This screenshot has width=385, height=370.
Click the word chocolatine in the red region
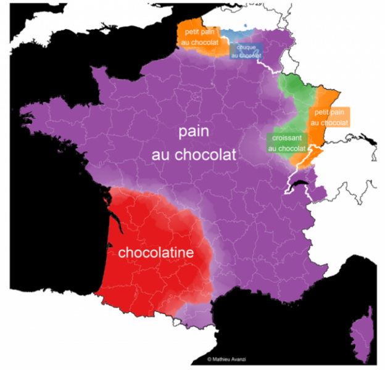pos(155,253)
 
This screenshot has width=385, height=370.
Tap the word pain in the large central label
pos(194,131)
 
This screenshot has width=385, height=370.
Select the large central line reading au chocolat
pos(194,155)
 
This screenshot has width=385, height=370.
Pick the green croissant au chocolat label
pos(287,143)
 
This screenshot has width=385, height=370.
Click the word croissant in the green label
pos(287,138)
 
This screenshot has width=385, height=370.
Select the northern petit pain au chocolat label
pos(199,36)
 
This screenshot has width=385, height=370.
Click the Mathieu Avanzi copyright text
pos(230,358)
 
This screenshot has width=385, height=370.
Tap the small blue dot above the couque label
pos(246,26)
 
